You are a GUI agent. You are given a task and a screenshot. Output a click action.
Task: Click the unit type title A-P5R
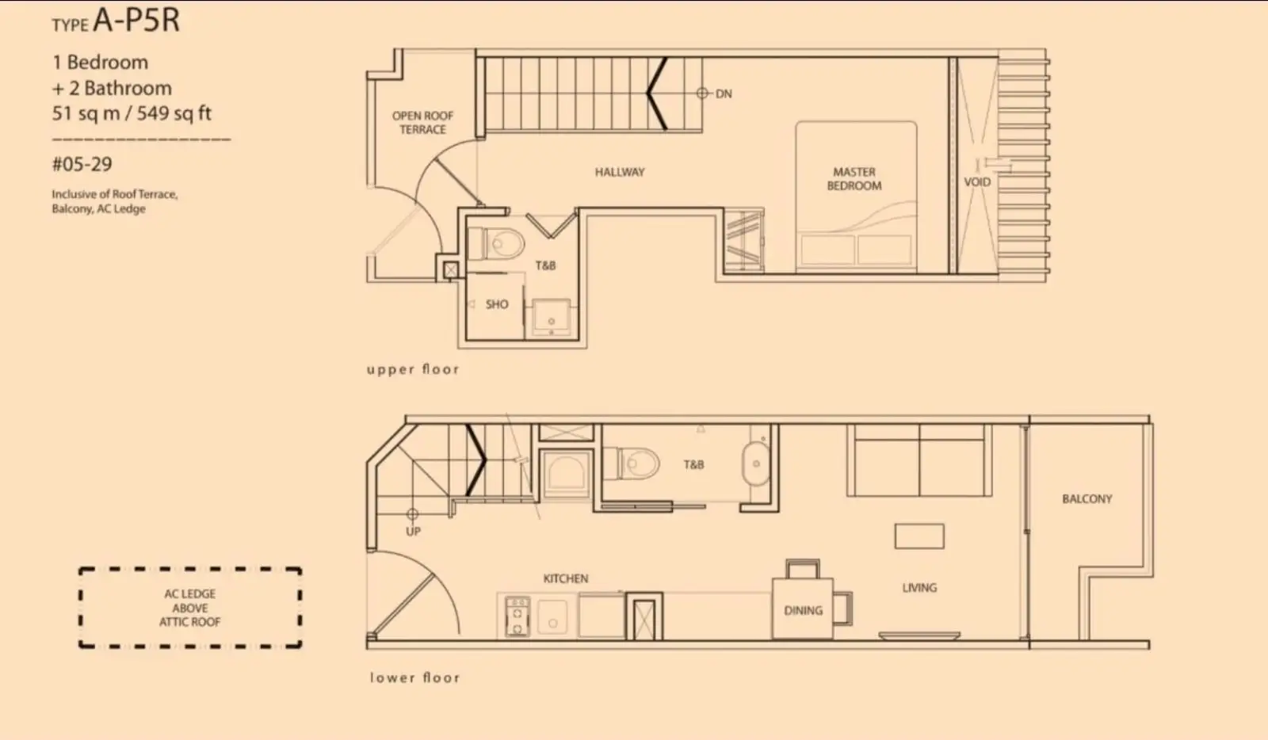[136, 20]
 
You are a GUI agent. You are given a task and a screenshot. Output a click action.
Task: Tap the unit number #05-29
[82, 164]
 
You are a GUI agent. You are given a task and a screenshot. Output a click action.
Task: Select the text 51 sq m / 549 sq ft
[132, 113]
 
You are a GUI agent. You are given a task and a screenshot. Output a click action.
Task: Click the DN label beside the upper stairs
[724, 94]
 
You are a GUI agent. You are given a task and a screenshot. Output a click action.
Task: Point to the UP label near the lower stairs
[413, 532]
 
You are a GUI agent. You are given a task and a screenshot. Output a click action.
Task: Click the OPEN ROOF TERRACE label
[423, 122]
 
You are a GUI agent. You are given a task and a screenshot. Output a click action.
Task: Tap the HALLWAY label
[620, 172]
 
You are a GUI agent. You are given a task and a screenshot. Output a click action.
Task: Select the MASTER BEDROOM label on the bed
[854, 179]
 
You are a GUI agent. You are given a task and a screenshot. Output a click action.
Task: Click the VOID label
[977, 182]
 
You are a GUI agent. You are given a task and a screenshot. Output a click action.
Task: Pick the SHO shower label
[497, 304]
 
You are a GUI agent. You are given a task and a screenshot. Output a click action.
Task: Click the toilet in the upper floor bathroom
[498, 244]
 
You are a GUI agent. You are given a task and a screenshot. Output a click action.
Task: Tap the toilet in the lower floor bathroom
[632, 463]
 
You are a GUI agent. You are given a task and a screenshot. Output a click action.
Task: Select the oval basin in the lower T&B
[756, 464]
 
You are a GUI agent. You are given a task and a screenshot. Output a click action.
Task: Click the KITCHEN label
[566, 578]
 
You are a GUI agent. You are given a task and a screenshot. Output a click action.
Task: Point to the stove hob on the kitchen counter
[517, 616]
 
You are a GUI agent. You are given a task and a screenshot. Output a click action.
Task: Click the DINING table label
[804, 610]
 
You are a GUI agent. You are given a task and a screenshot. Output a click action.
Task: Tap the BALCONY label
[1087, 499]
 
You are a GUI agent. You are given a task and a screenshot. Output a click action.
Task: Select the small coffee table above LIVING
[919, 536]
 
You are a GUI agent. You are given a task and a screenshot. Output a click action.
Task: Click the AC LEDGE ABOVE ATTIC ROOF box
[189, 608]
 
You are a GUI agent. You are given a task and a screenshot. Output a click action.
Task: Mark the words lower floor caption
[415, 677]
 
